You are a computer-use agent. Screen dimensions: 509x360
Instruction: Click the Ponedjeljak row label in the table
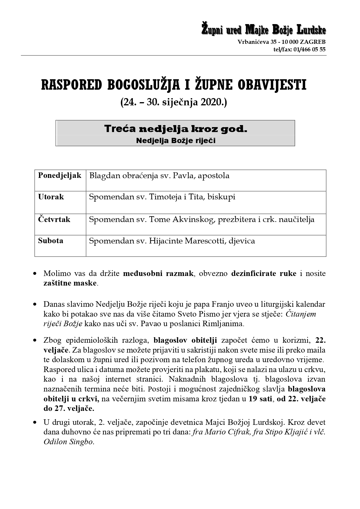[60, 176]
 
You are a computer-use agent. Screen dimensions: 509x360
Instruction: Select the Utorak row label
[51, 197]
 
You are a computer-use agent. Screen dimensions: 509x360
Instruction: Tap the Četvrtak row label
[54, 219]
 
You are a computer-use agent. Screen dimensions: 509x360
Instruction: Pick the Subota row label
[51, 241]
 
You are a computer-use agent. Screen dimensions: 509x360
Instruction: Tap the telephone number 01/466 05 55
[310, 49]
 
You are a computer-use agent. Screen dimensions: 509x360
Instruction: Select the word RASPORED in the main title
[71, 85]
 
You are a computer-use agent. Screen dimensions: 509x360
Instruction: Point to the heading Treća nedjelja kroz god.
[176, 129]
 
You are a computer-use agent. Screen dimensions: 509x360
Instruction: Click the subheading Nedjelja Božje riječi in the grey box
[176, 141]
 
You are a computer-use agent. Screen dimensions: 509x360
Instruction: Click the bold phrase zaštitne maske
[70, 283]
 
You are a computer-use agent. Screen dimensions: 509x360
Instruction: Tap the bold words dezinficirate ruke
[264, 273]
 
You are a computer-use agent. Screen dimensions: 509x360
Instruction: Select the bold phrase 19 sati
[260, 399]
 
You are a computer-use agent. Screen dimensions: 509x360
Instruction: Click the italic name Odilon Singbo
[68, 442]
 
